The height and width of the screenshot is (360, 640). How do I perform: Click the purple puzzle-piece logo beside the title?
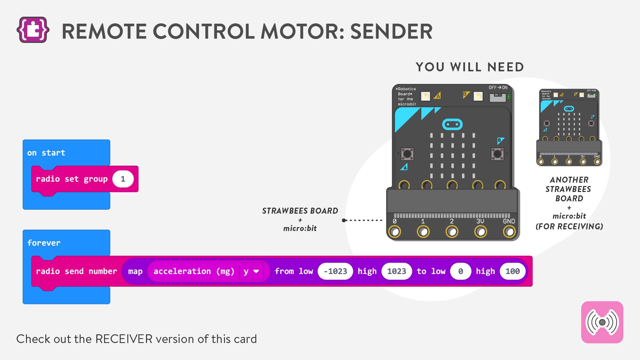pos(33,30)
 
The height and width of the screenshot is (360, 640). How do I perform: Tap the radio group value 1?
pos(123,179)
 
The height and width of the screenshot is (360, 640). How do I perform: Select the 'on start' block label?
pos(46,153)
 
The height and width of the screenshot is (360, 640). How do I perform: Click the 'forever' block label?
pos(44,243)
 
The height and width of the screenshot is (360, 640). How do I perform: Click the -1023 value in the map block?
pos(335,271)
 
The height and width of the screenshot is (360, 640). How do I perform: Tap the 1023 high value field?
pos(396,271)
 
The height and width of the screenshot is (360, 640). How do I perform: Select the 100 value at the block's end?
pos(512,271)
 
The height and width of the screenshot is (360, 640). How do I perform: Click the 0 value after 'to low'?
pos(460,271)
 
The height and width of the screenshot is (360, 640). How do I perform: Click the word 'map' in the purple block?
pos(135,271)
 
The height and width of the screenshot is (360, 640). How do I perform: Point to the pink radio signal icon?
pos(602,322)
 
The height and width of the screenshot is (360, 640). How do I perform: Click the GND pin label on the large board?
pos(509,221)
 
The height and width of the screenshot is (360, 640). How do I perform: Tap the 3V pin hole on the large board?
pos(480,231)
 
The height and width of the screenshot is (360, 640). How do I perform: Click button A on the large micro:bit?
pos(407,154)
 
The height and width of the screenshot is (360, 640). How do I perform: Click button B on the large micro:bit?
pos(497,154)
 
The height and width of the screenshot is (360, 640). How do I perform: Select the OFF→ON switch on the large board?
pos(498,97)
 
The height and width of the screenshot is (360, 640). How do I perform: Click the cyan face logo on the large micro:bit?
pos(452,124)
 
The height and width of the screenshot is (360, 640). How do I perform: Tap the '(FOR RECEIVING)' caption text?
pos(569,227)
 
